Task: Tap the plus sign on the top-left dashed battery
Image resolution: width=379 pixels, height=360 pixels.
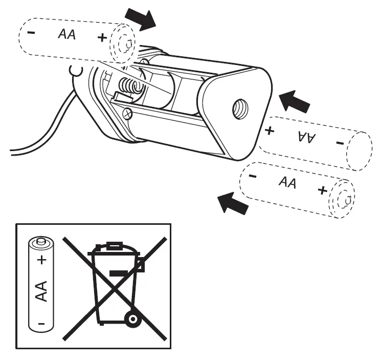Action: click(102, 37)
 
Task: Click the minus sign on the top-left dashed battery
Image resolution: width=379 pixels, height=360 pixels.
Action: click(32, 32)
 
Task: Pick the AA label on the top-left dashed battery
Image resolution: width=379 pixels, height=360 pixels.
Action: click(66, 34)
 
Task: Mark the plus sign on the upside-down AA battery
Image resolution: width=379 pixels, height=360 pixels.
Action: click(270, 130)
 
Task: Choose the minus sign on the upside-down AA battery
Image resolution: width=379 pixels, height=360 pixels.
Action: click(340, 143)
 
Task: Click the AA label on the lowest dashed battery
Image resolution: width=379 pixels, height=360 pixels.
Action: click(287, 182)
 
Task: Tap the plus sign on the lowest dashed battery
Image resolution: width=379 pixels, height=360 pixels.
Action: click(322, 190)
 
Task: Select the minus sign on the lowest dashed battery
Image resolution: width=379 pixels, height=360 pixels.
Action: click(252, 176)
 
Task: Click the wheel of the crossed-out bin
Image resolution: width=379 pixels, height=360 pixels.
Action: click(132, 320)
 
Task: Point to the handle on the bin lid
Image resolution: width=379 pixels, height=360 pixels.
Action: click(114, 246)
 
